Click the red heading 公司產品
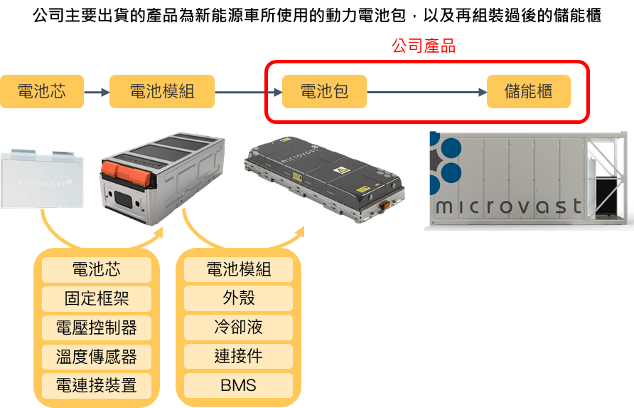coord(424,46)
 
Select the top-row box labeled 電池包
coord(324,92)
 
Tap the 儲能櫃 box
coord(528,92)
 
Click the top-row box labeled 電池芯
coord(41,92)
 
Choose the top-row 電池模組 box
coord(161,92)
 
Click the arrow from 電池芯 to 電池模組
coord(96,92)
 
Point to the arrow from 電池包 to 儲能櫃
coord(426,92)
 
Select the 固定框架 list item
coord(97,298)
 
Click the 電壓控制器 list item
coord(97,328)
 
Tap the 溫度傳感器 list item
coord(97,356)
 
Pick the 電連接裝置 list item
coord(97,385)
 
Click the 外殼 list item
coord(238,298)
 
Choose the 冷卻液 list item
coord(238,328)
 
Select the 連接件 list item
coord(238,356)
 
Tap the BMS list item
coord(238,385)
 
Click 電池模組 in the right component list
coord(238,269)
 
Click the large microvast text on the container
coord(507,206)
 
